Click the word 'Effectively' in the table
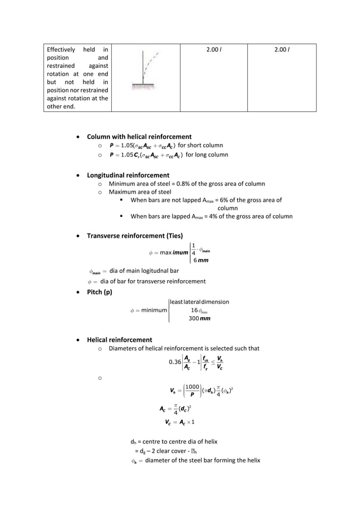pyautogui.click(x=63, y=50)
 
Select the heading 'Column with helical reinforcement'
pyautogui.click(x=139, y=137)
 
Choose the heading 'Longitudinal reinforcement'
pyautogui.click(x=128, y=175)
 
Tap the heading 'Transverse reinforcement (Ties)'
pyautogui.click(x=134, y=236)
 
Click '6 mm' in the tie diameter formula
pyautogui.click(x=200, y=259)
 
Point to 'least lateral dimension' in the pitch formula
pyautogui.click(x=199, y=302)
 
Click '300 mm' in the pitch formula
pyautogui.click(x=200, y=318)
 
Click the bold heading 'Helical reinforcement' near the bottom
pyautogui.click(x=119, y=340)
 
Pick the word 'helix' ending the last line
pyautogui.click(x=251, y=460)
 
